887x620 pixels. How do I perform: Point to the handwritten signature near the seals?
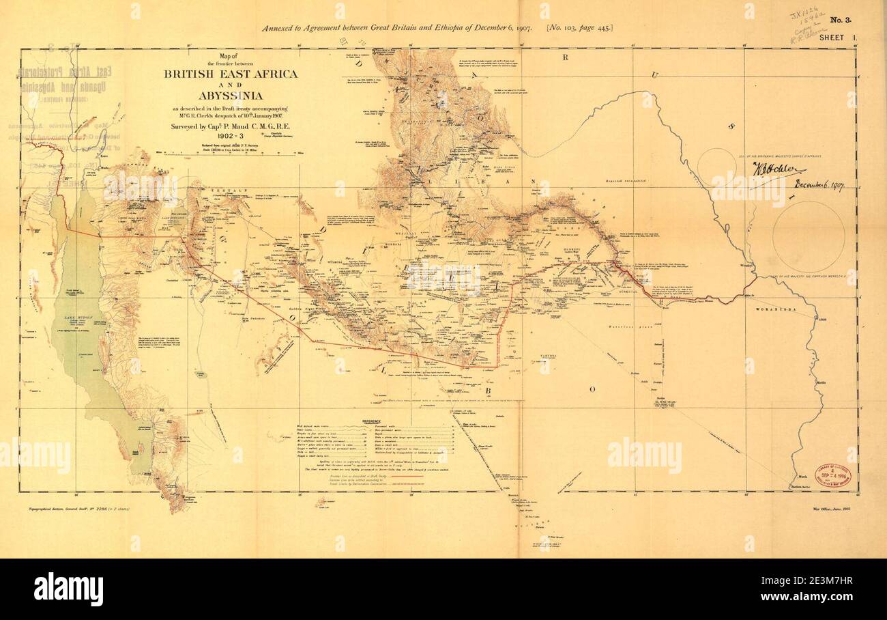pyautogui.click(x=778, y=169)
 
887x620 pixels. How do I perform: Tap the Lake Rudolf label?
pyautogui.click(x=84, y=318)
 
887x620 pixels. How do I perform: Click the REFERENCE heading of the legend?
pyautogui.click(x=372, y=421)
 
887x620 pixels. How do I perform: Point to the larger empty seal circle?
pyautogui.click(x=808, y=236)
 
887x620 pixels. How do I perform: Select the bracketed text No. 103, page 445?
pyautogui.click(x=579, y=27)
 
